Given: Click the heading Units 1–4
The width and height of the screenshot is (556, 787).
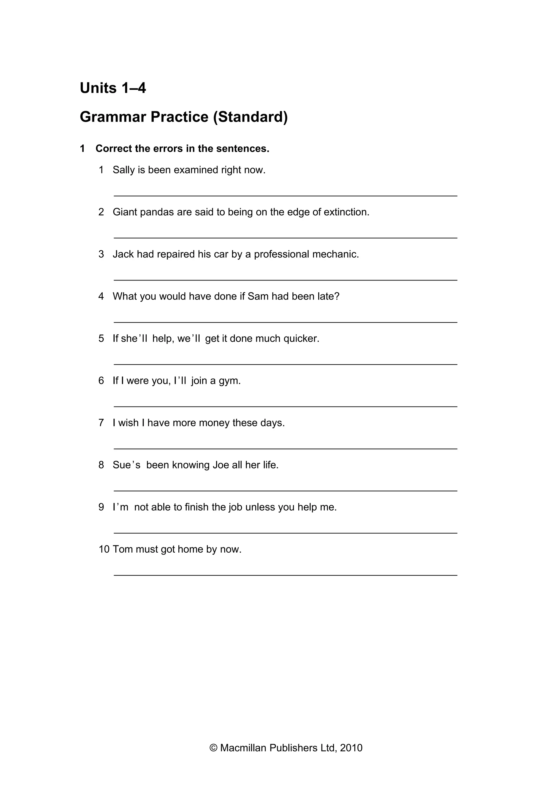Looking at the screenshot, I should [113, 88].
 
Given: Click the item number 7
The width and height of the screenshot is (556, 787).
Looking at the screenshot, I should [101, 423].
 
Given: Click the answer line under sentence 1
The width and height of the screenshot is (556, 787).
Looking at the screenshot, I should [285, 196].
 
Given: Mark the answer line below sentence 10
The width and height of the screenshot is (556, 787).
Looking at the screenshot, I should [285, 575].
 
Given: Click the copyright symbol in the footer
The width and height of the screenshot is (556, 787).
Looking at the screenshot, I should [213, 748].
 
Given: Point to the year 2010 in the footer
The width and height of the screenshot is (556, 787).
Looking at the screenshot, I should [351, 748].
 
